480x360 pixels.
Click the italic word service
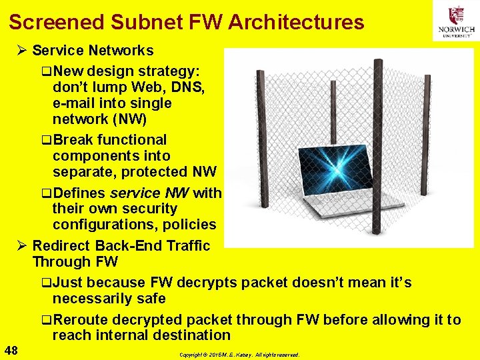135,193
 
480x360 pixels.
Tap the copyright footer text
240,355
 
